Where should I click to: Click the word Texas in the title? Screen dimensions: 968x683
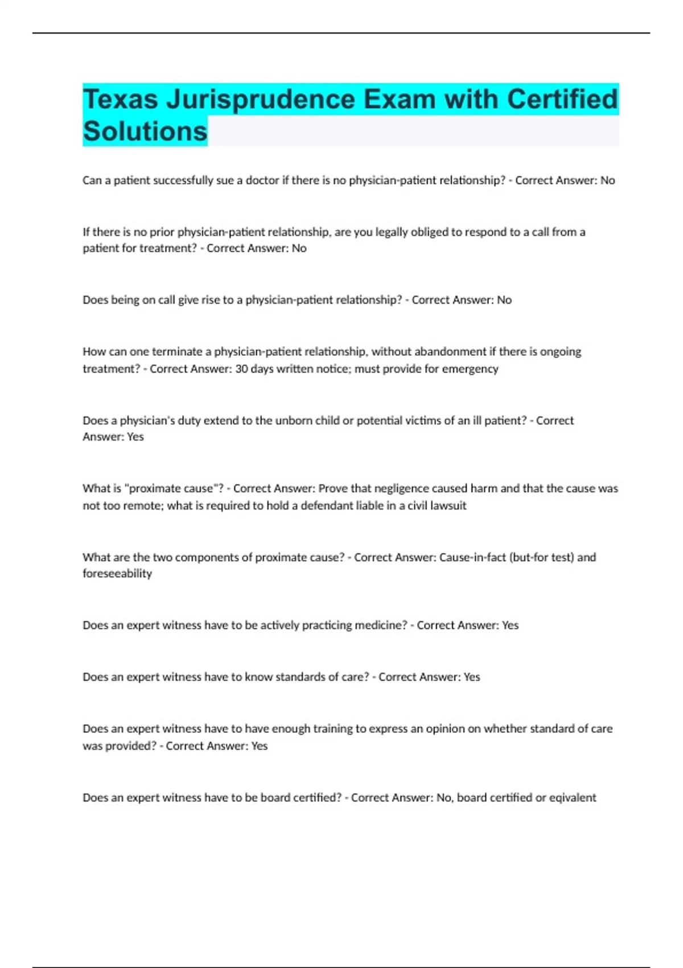pos(120,100)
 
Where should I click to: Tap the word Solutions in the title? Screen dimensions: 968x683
pos(145,132)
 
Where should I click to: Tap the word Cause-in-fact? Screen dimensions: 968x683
pos(472,557)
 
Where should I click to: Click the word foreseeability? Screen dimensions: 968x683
pos(117,574)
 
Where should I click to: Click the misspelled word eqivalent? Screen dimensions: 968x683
pos(573,798)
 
